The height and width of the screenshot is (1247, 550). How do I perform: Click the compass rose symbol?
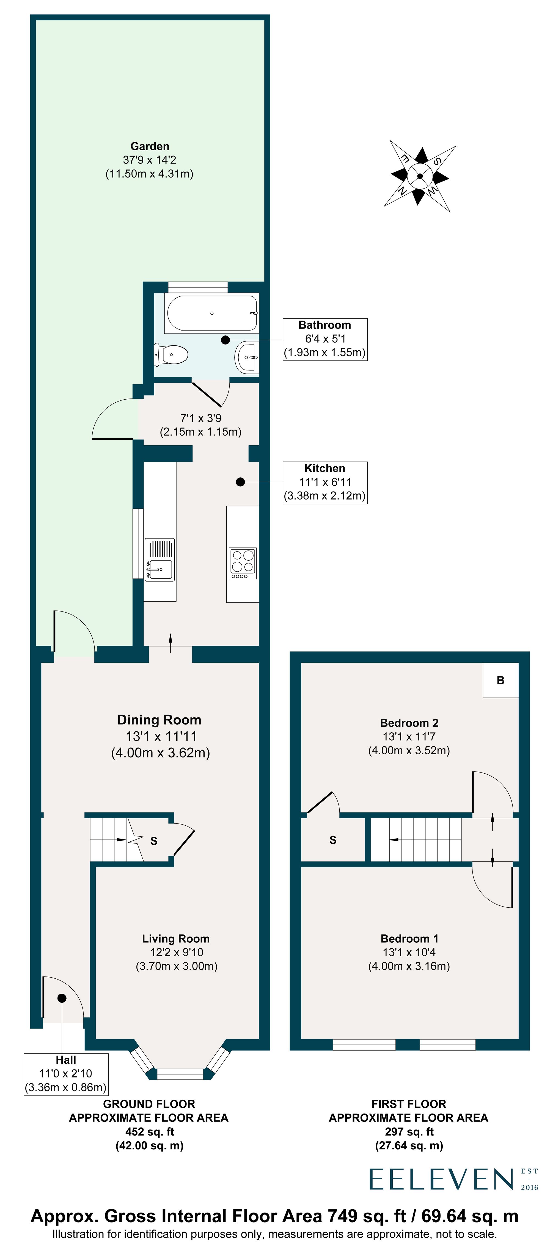(419, 176)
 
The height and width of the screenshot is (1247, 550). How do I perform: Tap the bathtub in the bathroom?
(212, 313)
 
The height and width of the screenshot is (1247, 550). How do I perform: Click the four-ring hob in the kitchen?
(242, 563)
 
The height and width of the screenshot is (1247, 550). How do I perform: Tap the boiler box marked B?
(500, 680)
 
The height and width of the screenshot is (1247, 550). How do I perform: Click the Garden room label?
(150, 146)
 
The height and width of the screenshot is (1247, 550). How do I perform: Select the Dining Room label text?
(159, 720)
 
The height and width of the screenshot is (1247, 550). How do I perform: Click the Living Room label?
(176, 939)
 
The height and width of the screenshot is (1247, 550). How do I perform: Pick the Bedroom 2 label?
(409, 723)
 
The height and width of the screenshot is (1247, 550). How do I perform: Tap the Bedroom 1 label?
(409, 939)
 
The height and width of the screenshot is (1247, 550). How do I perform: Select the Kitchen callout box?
(324, 482)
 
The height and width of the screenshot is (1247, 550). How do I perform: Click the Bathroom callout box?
(324, 339)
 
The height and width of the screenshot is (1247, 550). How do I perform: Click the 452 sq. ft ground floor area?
(150, 1132)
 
